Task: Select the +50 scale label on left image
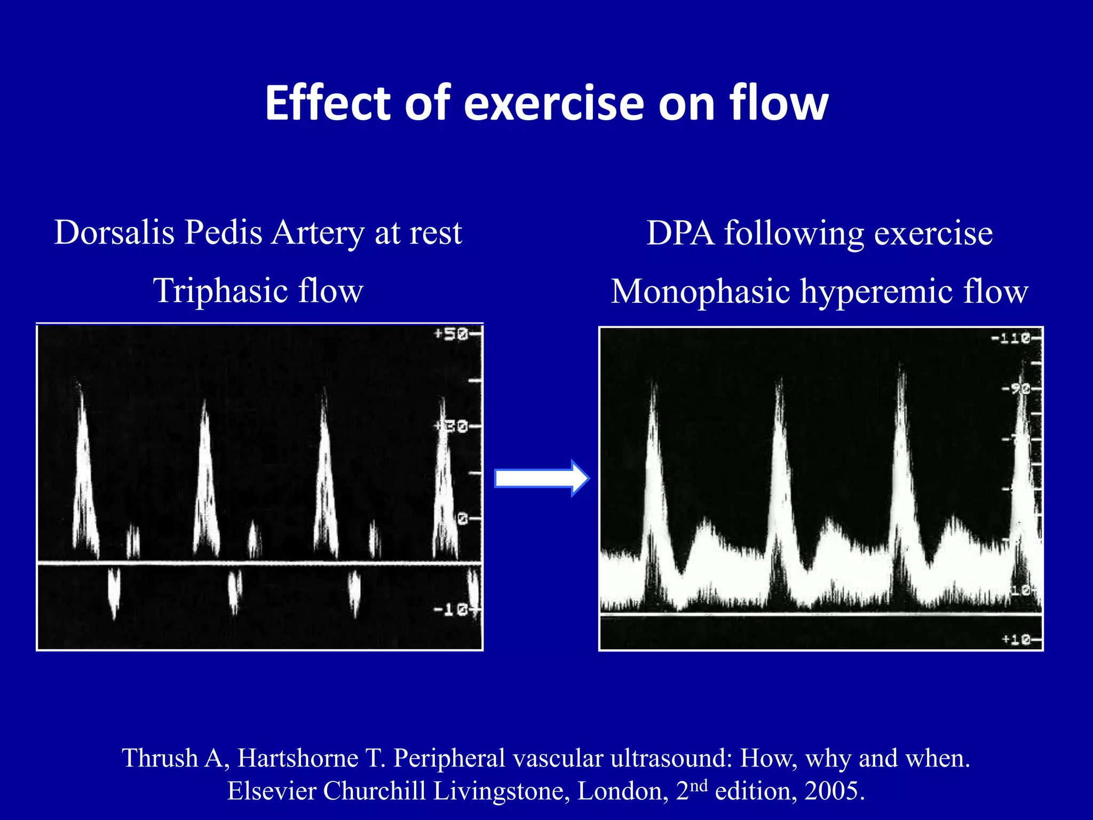(x=451, y=335)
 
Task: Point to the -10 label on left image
(x=451, y=609)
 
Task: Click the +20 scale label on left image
(x=451, y=427)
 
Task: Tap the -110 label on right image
(x=1010, y=338)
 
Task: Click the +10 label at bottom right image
(x=1016, y=639)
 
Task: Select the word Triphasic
(x=220, y=291)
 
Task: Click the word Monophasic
(x=700, y=292)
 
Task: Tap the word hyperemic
(x=876, y=292)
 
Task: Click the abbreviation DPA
(x=680, y=233)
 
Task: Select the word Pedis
(x=223, y=233)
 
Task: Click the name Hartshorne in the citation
(x=297, y=758)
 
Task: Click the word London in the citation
(x=622, y=791)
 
